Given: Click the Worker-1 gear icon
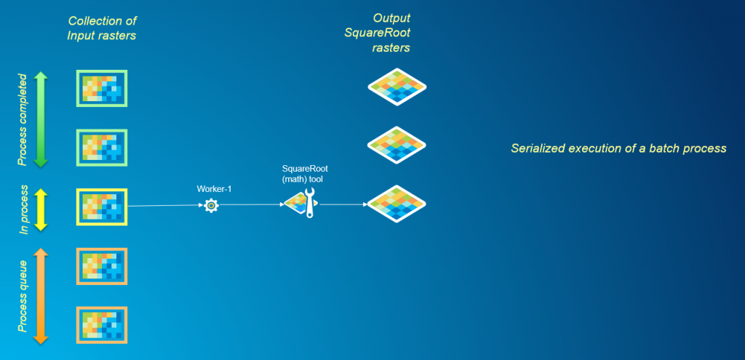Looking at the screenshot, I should pos(211,206).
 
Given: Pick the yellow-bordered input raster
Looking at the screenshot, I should pos(102,207).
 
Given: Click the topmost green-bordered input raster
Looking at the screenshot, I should pos(102,88).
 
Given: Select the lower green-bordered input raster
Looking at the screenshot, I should pos(102,147).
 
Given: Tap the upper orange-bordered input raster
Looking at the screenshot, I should pos(102,266).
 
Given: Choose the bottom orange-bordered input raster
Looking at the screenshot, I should pos(102,325).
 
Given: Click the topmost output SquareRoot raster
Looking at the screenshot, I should pos(397,87).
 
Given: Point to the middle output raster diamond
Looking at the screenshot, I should pos(397,146).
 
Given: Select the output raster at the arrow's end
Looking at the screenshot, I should pos(397,205).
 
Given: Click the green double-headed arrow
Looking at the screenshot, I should pos(41,119).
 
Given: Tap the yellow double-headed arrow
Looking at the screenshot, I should pos(41,210).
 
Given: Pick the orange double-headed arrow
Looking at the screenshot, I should pos(41,295).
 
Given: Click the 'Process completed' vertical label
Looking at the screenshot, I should pos(23,119).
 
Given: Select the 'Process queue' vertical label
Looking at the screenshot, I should pos(23,296).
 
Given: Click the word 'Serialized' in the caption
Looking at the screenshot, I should pos(537,148).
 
